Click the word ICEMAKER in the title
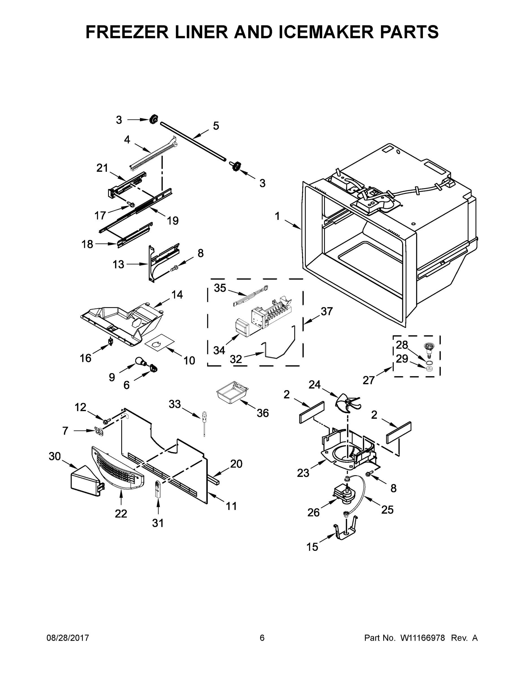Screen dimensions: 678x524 [326, 32]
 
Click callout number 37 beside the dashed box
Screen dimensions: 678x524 [327, 311]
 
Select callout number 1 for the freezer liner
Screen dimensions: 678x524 [277, 216]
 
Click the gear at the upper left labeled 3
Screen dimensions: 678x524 [153, 119]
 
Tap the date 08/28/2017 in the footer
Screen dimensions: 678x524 [68, 638]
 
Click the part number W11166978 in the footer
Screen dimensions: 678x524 [423, 638]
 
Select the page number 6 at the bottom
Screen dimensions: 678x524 [262, 638]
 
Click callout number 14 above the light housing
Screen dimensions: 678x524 [177, 295]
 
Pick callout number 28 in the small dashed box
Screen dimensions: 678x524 [402, 345]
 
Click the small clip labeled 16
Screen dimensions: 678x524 [110, 341]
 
